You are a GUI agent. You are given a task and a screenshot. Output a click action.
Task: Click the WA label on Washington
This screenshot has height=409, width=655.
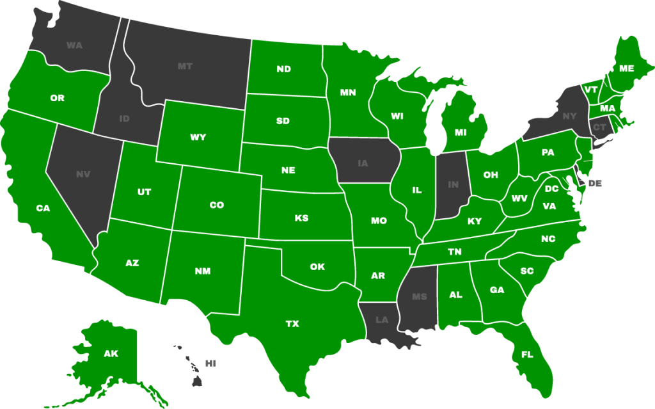pos(74,45)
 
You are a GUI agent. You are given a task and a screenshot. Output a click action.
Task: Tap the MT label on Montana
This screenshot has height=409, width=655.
pos(185,66)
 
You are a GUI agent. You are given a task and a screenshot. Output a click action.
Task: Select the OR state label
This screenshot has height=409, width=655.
pos(57,98)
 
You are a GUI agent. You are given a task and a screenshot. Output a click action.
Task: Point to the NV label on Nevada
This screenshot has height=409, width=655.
pos(83,173)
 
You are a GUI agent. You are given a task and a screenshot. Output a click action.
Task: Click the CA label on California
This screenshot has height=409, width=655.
pos(43,208)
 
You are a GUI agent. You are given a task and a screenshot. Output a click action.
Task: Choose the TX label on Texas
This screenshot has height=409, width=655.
pos(292,324)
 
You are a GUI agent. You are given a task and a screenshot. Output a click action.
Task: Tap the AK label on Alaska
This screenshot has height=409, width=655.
pos(111,353)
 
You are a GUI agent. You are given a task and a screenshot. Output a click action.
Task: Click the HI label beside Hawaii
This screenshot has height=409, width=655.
pos(210,363)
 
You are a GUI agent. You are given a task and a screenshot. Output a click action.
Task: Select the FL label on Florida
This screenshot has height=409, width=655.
pos(527,354)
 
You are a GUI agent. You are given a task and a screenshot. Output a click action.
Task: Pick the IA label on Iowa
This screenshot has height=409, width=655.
pos(363,163)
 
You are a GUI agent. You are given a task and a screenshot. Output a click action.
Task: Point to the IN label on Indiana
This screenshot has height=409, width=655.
pos(454,185)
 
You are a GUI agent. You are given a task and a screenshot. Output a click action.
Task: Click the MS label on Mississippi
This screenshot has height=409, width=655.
pos(419,296)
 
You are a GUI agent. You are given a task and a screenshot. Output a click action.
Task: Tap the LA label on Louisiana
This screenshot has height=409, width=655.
pos(381,319)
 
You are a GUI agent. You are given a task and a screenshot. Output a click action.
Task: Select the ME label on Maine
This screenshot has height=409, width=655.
pos(626,68)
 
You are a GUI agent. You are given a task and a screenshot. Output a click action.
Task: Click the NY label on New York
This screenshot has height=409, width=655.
pos(569,116)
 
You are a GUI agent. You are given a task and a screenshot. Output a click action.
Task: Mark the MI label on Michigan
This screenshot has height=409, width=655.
pos(461,132)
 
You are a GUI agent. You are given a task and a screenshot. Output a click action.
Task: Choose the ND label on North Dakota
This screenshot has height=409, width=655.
pos(283,68)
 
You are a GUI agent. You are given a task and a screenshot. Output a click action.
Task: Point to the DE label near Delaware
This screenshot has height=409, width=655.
pos(595,183)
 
